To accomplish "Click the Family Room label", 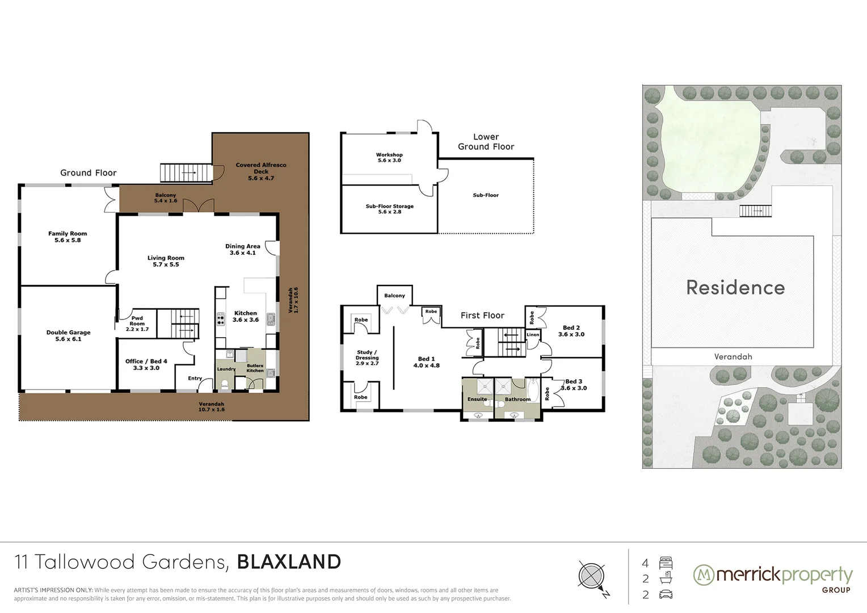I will tap(68, 237).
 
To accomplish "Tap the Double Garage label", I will tap(68, 335).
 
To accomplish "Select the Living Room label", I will tap(166, 261).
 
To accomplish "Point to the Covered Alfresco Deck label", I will tap(261, 171).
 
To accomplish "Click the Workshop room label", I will tap(389, 157).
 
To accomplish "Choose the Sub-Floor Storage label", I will tap(389, 209).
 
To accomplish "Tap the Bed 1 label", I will tap(426, 362).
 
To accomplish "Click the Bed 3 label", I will tap(573, 385).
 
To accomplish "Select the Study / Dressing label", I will tap(367, 358).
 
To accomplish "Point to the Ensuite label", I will tap(477, 399).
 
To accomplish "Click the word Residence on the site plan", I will tap(735, 287).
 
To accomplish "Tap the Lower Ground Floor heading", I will tap(486, 142).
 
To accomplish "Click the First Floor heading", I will tap(482, 316).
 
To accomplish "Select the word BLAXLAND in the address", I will tap(289, 562).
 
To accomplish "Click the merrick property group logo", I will tap(773, 578).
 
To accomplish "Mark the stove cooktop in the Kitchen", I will tap(220, 320).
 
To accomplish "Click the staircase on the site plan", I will tap(756, 211).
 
